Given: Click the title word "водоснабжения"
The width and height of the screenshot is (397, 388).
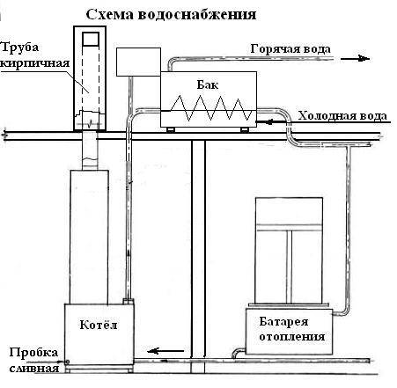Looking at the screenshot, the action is [196, 15].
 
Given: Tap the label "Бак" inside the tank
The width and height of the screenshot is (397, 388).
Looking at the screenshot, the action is [208, 84].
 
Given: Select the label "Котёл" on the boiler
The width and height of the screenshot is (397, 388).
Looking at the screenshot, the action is [99, 325].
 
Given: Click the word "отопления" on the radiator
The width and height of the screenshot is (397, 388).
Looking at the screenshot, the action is [292, 336].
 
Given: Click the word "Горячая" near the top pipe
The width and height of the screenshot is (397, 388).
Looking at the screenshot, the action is [274, 49].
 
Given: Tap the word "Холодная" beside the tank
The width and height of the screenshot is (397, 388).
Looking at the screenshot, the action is [326, 116].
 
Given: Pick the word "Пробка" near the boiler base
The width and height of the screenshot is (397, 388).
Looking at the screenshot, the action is [33, 353].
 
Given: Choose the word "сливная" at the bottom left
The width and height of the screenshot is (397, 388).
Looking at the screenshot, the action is [34, 368].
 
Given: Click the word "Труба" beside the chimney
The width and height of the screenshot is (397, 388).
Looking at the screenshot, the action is [19, 48].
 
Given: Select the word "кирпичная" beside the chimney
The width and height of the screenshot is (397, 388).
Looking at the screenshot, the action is [35, 63].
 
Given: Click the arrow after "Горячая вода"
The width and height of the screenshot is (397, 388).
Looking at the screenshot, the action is [355, 59].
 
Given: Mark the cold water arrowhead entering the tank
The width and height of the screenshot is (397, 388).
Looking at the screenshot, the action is [269, 121].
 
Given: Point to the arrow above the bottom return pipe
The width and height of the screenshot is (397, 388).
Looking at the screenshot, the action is [165, 350].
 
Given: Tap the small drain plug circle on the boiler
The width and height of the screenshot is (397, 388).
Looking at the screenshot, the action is [67, 362].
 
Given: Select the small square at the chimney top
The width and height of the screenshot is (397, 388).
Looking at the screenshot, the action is [91, 39].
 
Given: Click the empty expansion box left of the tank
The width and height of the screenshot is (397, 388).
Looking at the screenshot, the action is [138, 62].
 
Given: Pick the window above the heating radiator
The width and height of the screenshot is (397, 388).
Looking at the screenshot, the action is [289, 251].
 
